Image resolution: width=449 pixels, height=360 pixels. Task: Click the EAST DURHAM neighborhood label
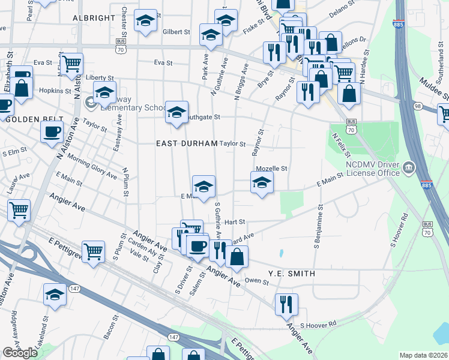pyautogui.click(x=185, y=143)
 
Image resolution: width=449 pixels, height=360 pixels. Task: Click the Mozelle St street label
pyautogui.click(x=271, y=169)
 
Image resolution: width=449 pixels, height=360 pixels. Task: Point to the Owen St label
pyautogui.click(x=256, y=280)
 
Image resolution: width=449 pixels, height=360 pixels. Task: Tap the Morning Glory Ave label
pyautogui.click(x=92, y=166)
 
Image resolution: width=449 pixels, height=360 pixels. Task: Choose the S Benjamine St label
pyautogui.click(x=316, y=226)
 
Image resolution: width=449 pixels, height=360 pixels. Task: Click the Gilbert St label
pyautogui.click(x=176, y=32)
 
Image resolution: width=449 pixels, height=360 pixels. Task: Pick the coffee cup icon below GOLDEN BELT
pyautogui.click(x=52, y=131)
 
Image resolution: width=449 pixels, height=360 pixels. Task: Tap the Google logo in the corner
pyautogui.click(x=20, y=353)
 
